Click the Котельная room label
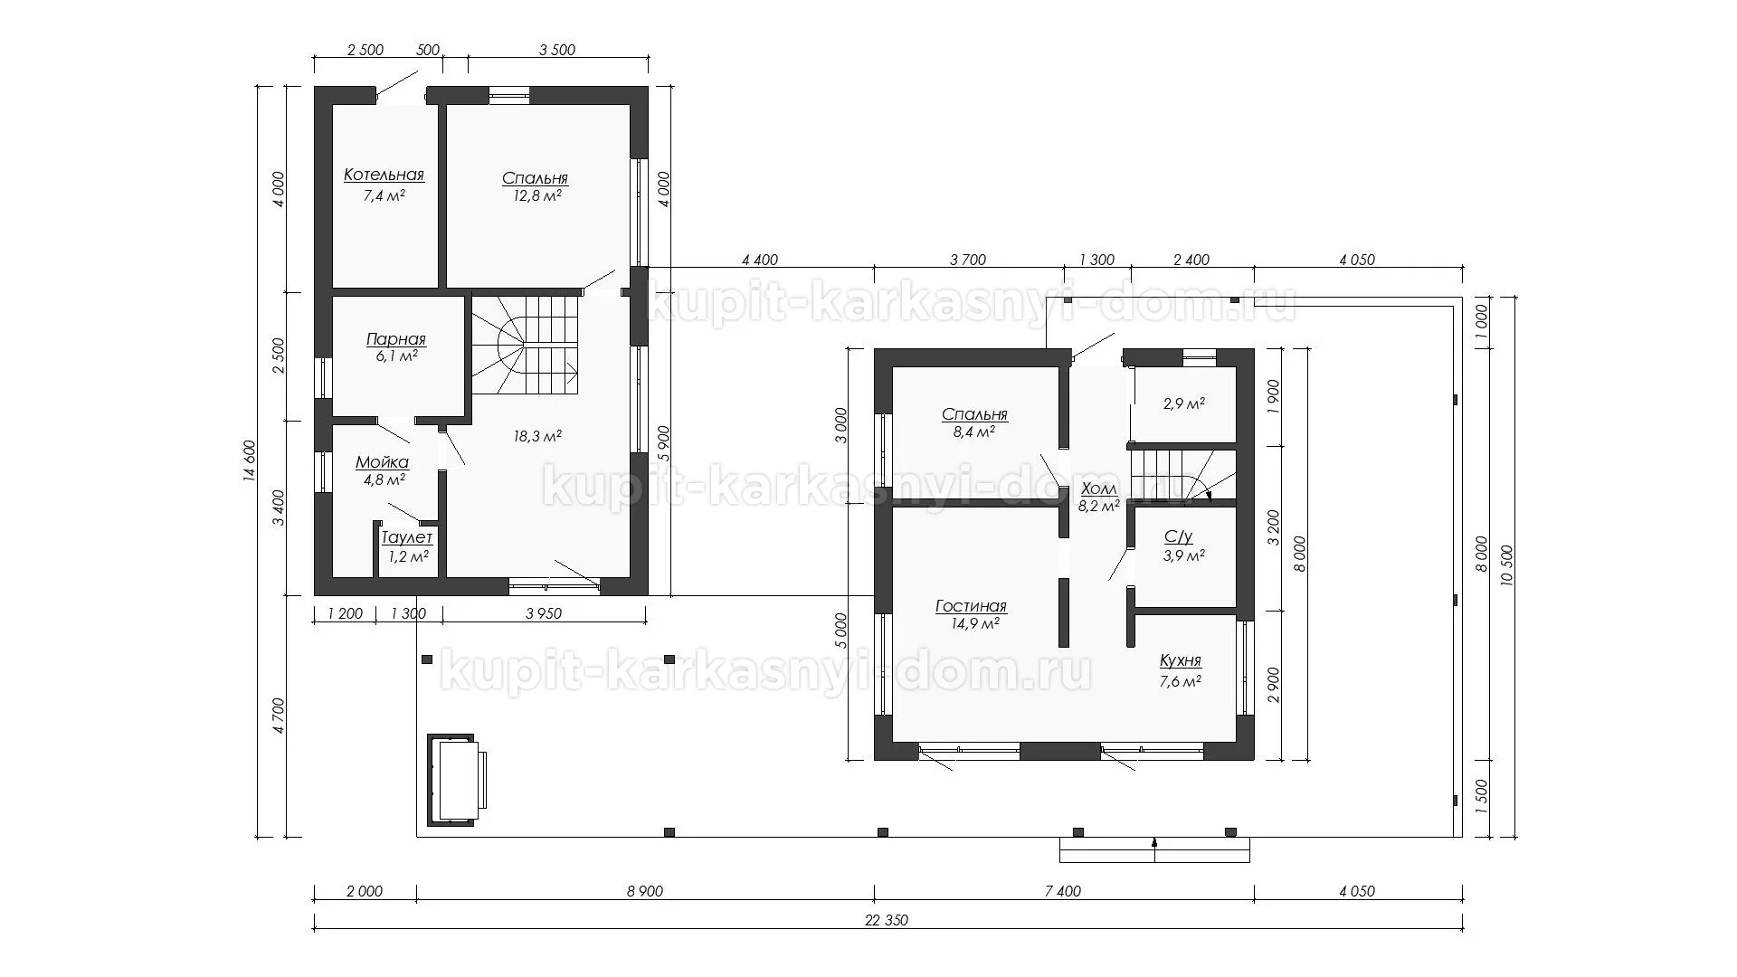[x=384, y=175]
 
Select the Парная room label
[x=395, y=340]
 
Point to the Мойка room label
[x=382, y=463]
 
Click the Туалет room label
[x=406, y=538]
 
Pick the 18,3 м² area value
[x=537, y=436]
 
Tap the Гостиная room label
[x=971, y=607]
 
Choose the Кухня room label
[x=1181, y=661]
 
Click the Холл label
[x=1099, y=489]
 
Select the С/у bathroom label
[x=1178, y=537]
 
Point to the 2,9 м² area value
[x=1183, y=404]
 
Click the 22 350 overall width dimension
[x=887, y=921]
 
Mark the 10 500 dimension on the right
[x=1506, y=567]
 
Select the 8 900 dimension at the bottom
[x=644, y=892]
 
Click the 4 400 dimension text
[x=759, y=261]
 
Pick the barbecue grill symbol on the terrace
[x=456, y=780]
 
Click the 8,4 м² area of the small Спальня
[x=974, y=432]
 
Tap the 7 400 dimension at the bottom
[x=1063, y=892]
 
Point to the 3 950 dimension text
[x=543, y=614]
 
